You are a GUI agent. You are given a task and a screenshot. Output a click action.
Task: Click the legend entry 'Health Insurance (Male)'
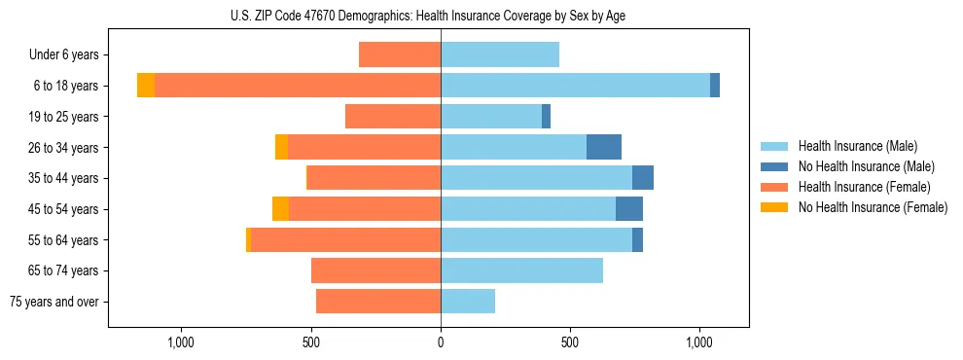pos(857,146)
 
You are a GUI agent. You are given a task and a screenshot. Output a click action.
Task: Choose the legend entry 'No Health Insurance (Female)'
pos(873,207)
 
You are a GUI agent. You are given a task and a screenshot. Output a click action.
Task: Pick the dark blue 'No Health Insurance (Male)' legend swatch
pos(775,166)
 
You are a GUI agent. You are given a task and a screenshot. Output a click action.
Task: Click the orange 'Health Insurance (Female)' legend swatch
pos(775,187)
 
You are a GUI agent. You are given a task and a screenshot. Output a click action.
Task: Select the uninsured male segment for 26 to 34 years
pos(604,147)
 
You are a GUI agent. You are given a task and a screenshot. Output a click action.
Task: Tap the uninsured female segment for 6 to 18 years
pos(146,86)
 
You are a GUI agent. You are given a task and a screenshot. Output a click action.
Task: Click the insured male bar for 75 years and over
pos(468,302)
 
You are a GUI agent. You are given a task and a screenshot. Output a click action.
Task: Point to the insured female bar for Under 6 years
pos(400,54)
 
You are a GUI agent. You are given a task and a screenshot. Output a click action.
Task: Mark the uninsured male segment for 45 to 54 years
pos(629,209)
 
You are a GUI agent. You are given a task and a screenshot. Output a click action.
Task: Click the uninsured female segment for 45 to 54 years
pos(280,209)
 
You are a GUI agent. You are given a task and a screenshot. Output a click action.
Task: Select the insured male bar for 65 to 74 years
pos(521,270)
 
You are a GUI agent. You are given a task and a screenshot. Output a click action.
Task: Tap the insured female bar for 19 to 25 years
pos(393,117)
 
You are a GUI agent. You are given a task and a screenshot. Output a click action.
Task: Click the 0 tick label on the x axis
pos(441,342)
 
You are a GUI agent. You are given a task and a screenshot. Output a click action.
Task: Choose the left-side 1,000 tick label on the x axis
pos(182,342)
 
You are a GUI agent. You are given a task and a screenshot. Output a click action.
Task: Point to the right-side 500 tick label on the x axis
pos(570,342)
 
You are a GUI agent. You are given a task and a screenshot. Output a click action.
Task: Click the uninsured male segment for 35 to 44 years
pos(643,178)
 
